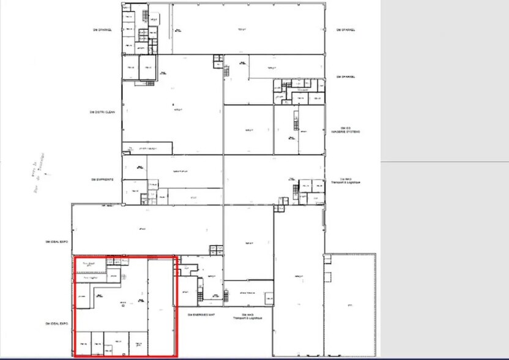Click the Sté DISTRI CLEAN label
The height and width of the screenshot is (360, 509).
pos(102,112)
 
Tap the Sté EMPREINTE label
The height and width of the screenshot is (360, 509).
pos(102,179)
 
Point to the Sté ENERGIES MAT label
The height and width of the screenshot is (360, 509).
pos(202,315)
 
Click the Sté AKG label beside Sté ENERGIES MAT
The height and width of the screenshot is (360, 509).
pos(243,317)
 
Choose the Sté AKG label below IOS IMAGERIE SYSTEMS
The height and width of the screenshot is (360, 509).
pos(346,181)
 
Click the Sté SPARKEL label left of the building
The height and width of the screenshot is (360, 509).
pos(102,29)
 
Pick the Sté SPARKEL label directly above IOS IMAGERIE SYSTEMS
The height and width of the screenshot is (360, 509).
pos(346,77)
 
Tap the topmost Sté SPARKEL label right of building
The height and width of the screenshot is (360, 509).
pos(346,29)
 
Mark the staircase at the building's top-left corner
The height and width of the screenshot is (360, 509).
pos(145,14)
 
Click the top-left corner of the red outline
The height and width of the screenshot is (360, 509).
pos(75,258)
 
